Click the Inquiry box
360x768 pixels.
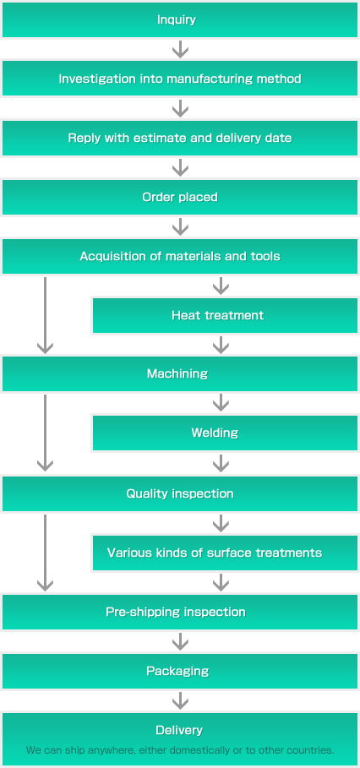[180, 20]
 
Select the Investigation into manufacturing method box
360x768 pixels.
[180, 79]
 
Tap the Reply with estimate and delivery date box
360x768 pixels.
[180, 138]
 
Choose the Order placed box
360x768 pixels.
[180, 198]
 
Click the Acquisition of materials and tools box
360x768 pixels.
[180, 256]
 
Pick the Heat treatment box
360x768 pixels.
[225, 315]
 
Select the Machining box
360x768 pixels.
[180, 374]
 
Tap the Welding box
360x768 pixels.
[225, 433]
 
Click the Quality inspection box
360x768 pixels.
[180, 493]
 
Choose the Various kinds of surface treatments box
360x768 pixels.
[225, 553]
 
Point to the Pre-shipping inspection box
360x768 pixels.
[180, 613]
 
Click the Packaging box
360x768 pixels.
[180, 671]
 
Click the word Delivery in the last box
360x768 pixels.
[179, 730]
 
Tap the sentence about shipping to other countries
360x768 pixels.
[180, 750]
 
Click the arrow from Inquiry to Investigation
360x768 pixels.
[180, 50]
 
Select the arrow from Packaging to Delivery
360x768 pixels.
[180, 701]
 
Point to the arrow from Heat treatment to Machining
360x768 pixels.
[221, 345]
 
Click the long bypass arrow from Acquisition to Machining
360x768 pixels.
[45, 315]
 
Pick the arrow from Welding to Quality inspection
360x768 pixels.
[221, 463]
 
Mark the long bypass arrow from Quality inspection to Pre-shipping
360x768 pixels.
[45, 553]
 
